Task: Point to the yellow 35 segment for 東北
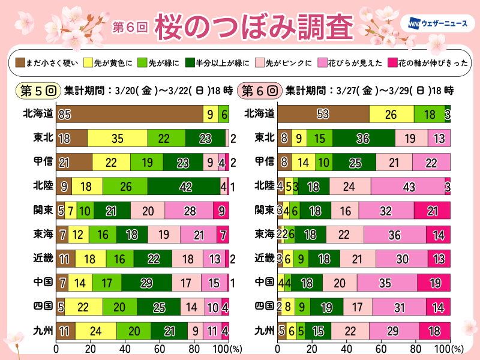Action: pyautogui.click(x=118, y=139)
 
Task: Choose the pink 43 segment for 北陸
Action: pyautogui.click(x=407, y=186)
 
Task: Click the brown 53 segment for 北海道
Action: pyautogui.click(x=323, y=114)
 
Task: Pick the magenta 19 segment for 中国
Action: pyautogui.click(x=434, y=282)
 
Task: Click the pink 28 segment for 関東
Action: pyautogui.click(x=189, y=210)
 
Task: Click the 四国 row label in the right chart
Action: pyautogui.click(x=263, y=306)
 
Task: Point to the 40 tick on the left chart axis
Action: pyautogui.click(x=125, y=348)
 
